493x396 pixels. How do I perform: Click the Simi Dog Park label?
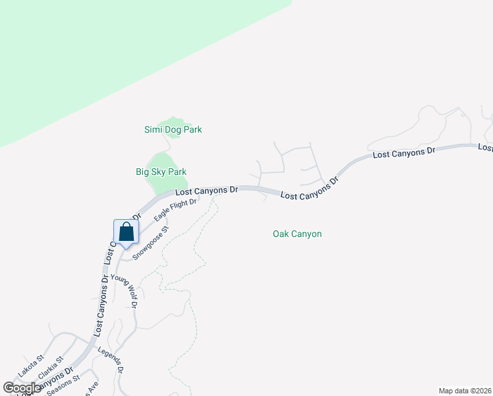[173, 129]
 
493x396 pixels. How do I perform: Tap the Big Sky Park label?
[161, 172]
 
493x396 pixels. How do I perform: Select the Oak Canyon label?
[297, 234]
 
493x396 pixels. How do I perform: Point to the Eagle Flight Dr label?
[175, 210]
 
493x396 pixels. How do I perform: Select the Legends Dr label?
[111, 360]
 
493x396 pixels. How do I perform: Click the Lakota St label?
[30, 366]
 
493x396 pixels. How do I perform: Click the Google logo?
[22, 388]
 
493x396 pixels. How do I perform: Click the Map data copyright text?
[465, 390]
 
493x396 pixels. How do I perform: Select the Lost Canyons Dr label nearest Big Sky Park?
[206, 190]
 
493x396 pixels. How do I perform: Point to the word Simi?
[153, 129]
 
